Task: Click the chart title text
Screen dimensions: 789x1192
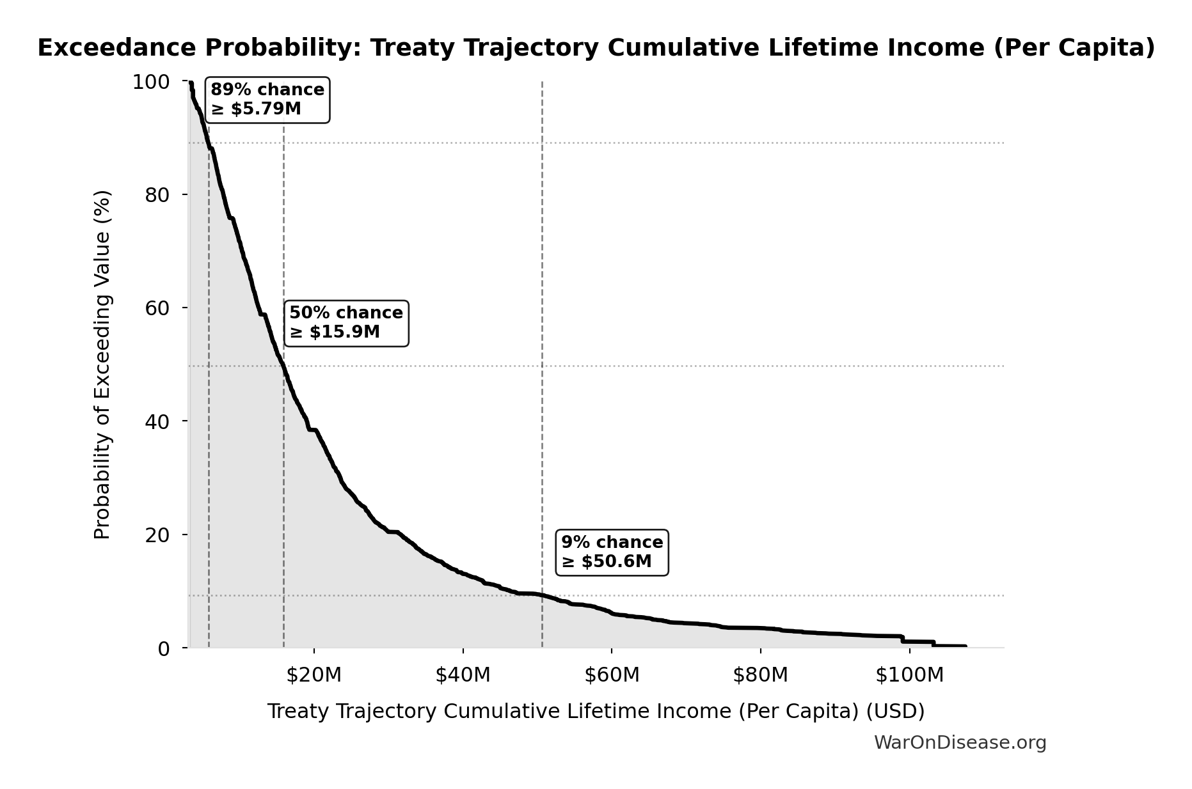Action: [596, 48]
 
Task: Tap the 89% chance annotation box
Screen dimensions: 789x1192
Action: [267, 100]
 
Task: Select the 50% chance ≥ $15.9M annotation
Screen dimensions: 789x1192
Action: [346, 323]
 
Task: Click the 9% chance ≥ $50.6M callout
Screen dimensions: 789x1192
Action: [612, 552]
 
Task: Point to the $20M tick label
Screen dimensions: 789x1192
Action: [314, 675]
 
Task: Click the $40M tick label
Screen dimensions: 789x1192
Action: [463, 675]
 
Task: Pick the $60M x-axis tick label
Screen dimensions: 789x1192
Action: [612, 675]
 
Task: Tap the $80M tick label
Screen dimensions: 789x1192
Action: [760, 675]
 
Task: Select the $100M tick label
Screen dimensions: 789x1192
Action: [909, 675]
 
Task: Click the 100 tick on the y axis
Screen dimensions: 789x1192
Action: [151, 82]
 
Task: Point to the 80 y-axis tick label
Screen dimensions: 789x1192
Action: [157, 195]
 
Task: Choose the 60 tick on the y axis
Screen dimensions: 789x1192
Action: [157, 308]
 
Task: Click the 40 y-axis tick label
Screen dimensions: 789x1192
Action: [157, 421]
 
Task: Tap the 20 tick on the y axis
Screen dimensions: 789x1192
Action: [157, 535]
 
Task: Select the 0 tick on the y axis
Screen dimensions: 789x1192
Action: [164, 648]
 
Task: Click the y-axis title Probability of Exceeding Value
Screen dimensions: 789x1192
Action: [102, 364]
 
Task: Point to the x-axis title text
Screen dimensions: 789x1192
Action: [596, 711]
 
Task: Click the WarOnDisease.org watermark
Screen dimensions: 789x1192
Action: [960, 742]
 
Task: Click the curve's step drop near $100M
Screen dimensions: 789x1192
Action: [902, 639]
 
